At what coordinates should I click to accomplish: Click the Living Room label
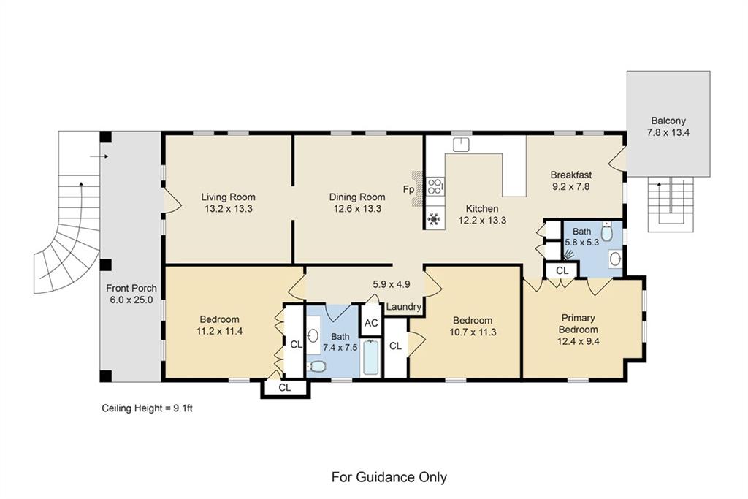click(228, 197)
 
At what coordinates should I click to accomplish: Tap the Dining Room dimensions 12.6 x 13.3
click(357, 208)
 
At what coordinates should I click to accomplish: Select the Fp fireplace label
click(408, 189)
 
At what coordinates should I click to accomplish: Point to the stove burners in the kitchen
click(435, 186)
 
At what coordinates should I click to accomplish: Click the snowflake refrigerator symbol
click(434, 219)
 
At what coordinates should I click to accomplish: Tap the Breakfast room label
click(571, 175)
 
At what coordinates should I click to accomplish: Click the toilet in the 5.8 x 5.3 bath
click(606, 232)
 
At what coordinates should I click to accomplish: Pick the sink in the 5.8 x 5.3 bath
click(615, 259)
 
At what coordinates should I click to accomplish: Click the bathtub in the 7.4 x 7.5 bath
click(371, 357)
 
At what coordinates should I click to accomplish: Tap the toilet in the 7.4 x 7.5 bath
click(316, 366)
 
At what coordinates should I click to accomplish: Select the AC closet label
click(371, 323)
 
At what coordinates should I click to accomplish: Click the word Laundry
click(403, 307)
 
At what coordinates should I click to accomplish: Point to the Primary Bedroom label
click(579, 324)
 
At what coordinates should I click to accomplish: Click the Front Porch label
click(131, 288)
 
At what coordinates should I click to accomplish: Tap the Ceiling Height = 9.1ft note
click(147, 408)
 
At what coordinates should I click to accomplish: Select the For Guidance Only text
click(389, 477)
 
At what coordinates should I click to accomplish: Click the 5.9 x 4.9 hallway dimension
click(392, 284)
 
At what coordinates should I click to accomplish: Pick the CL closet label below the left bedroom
click(285, 388)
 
